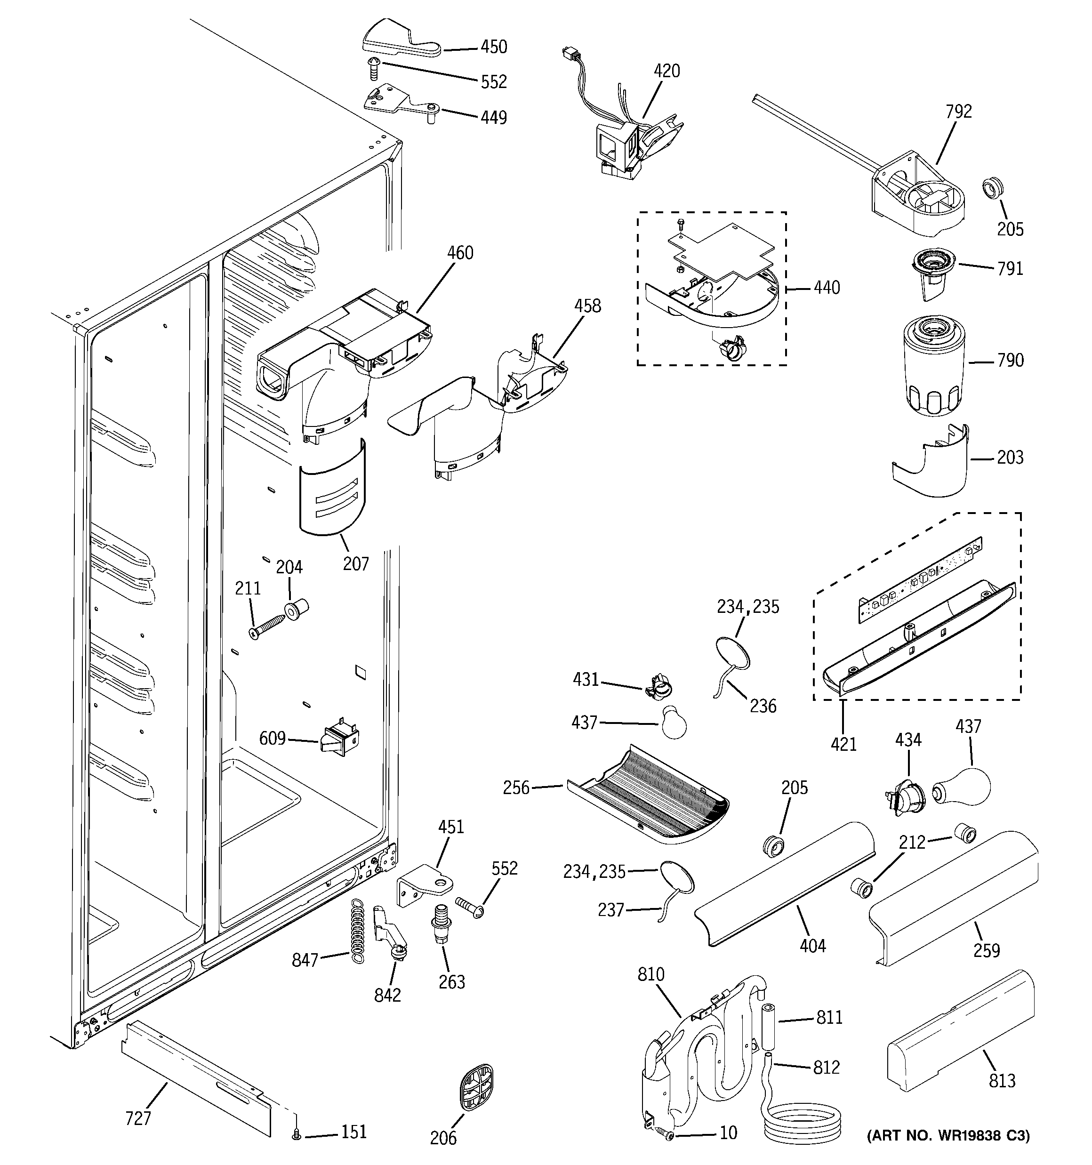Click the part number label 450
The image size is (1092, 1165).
coord(494,47)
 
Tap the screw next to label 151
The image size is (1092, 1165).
coord(297,1135)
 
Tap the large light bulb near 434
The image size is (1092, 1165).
coord(962,787)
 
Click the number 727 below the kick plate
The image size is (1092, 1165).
coord(138,1118)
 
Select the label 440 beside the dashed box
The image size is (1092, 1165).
coord(827,288)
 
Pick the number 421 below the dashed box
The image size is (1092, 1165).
coord(843,744)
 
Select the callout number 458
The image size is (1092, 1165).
coord(587,306)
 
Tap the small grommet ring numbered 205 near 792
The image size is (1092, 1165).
coord(993,189)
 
